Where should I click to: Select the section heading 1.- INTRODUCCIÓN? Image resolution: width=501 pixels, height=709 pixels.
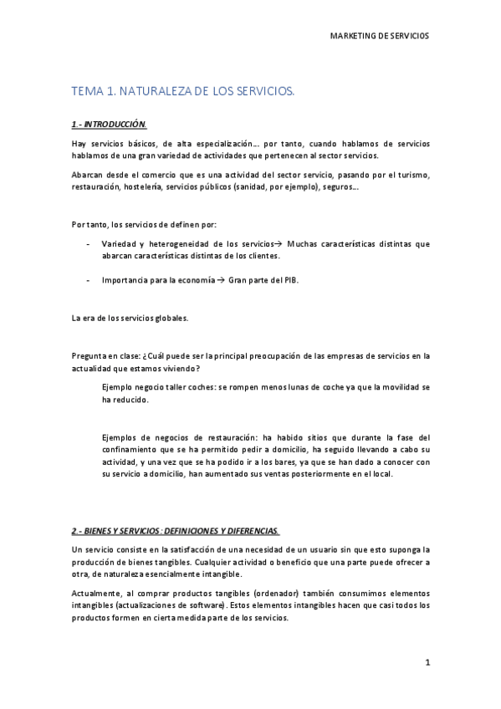click(x=109, y=125)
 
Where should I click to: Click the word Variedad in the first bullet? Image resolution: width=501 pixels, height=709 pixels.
click(x=118, y=243)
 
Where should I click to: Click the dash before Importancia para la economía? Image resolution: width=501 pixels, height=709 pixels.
click(x=89, y=280)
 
